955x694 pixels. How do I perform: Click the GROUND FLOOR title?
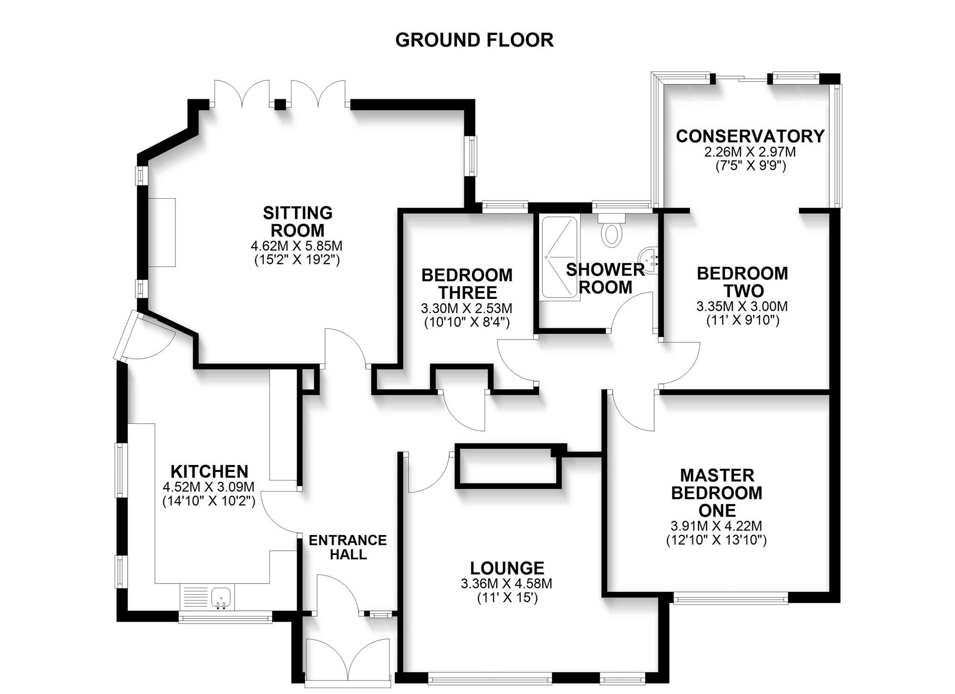pyautogui.click(x=474, y=40)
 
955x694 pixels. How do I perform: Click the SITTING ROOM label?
pyautogui.click(x=298, y=222)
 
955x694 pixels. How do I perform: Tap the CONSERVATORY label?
pyautogui.click(x=750, y=136)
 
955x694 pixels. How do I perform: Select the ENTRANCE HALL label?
pyautogui.click(x=347, y=547)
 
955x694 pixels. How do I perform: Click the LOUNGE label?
pyautogui.click(x=507, y=568)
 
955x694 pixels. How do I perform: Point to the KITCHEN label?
pyautogui.click(x=209, y=471)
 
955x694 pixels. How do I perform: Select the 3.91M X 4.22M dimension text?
pyautogui.click(x=716, y=526)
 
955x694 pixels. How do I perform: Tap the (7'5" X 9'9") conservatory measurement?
pyautogui.click(x=751, y=166)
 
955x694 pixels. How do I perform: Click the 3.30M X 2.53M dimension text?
pyautogui.click(x=466, y=308)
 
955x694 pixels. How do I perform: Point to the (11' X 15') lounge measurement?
pyautogui.click(x=507, y=597)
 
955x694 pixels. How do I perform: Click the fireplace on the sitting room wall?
pyautogui.click(x=162, y=232)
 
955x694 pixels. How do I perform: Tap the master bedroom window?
pyautogui.click(x=730, y=598)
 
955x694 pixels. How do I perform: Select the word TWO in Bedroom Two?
pyautogui.click(x=743, y=291)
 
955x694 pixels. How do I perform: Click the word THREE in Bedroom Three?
pyautogui.click(x=468, y=292)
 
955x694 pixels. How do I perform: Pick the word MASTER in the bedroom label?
pyautogui.click(x=717, y=475)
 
